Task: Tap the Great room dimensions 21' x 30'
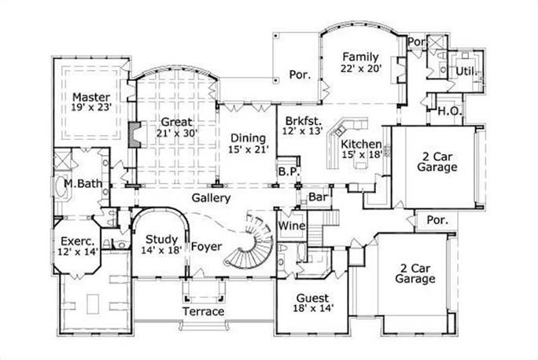[179, 134]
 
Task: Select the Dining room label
[248, 134]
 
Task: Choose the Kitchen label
[361, 145]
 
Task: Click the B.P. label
[286, 171]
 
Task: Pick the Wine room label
[292, 226]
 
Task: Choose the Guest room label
[311, 299]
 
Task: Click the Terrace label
[204, 312]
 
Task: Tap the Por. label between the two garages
[437, 220]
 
